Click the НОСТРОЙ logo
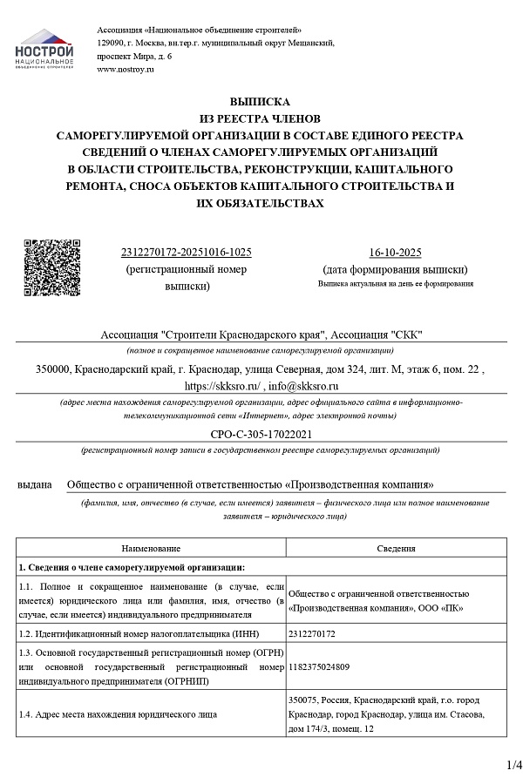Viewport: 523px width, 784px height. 44,51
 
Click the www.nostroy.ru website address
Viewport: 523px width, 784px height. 126,69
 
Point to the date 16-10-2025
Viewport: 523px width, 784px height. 395,253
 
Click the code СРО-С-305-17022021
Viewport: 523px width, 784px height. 260,434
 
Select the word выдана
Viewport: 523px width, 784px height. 35,484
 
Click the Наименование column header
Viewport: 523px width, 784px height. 151,549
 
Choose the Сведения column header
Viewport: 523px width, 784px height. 396,549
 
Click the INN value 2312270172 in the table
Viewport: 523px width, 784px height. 317,635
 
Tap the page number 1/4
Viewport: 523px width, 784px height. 513,766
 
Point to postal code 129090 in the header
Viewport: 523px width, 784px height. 112,43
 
